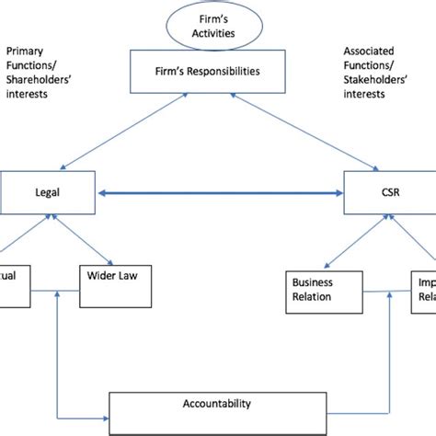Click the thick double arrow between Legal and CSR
(x=219, y=194)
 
